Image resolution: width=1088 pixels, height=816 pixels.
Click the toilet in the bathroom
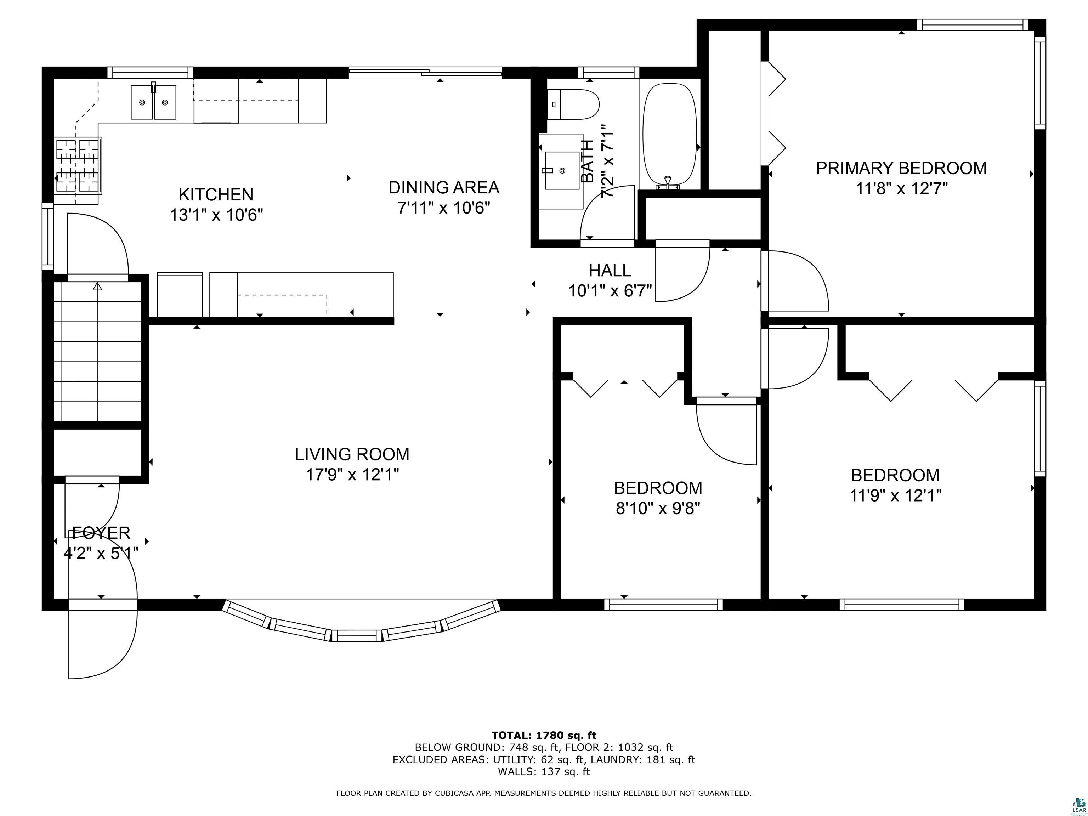pos(574,104)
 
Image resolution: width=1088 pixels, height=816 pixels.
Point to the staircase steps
pos(97,352)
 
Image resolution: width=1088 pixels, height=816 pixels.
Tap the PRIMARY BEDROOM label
pos(901,168)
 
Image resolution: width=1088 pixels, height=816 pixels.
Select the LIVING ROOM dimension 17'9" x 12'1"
pos(352,475)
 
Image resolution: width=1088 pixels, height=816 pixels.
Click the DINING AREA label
pos(444,187)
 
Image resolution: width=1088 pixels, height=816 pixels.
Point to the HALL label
pos(610,271)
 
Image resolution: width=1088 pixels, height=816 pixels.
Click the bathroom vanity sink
pos(562,170)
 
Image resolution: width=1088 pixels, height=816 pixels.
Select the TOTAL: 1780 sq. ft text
pos(544,735)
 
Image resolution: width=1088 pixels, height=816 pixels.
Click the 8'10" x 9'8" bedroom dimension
pos(658,508)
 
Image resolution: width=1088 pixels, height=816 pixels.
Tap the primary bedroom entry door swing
pos(796,281)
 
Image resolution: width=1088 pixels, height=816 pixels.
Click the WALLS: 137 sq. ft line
pos(544,771)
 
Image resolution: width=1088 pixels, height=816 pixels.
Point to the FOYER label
pos(101,533)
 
